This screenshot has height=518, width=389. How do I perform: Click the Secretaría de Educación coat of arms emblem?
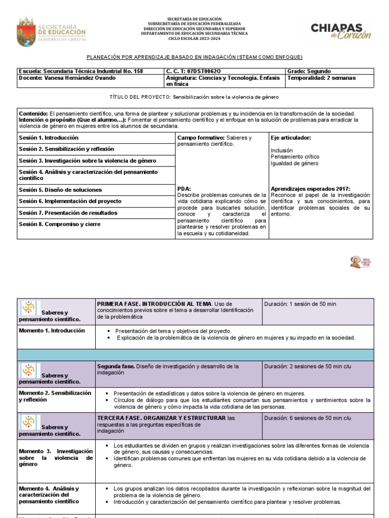[x=26, y=31]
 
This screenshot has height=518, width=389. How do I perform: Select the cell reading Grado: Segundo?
[x=309, y=71]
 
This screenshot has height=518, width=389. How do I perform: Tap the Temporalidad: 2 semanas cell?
[x=321, y=78]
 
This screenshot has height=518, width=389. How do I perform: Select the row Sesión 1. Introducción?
[x=49, y=138]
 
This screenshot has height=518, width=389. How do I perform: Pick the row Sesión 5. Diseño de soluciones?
[x=60, y=190]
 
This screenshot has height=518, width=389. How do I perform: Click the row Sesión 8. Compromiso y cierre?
[x=59, y=224]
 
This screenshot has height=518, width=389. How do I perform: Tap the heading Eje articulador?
[x=291, y=138]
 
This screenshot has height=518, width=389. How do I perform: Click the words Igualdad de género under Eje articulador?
[x=294, y=163]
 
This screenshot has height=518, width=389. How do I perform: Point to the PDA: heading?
[x=184, y=188]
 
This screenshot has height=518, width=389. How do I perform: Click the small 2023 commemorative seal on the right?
[x=357, y=262]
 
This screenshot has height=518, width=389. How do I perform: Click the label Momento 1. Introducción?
[x=52, y=330]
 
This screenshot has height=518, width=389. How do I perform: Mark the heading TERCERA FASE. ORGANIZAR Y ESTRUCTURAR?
[x=161, y=418]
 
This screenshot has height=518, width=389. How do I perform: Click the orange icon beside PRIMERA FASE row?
[x=29, y=308]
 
